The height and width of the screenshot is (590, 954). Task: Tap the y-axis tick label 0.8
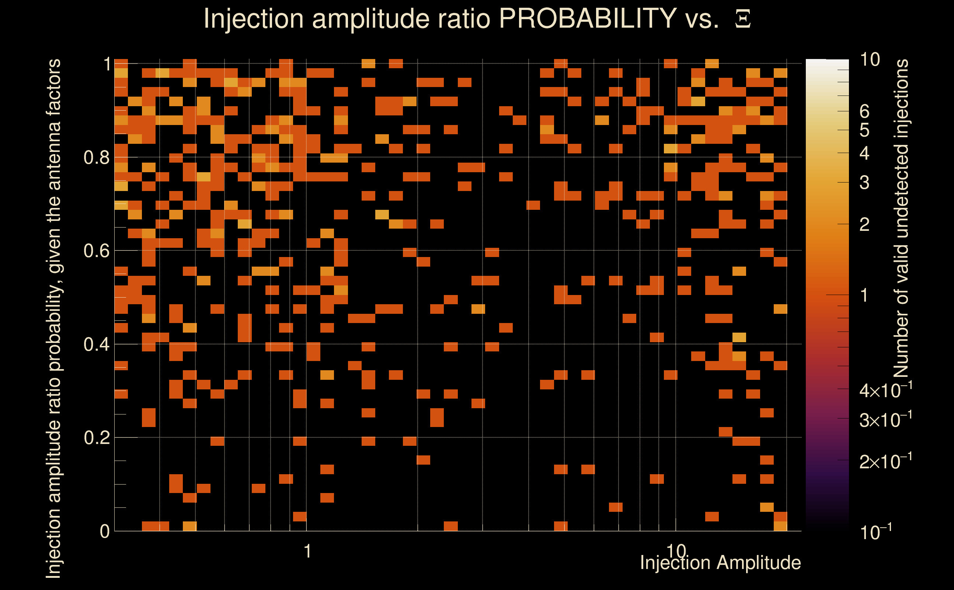pyautogui.click(x=96, y=158)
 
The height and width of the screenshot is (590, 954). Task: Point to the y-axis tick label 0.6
pyautogui.click(x=96, y=250)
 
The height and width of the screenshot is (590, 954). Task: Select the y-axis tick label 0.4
pyautogui.click(x=96, y=344)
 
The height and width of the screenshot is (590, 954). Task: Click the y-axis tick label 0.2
pyautogui.click(x=96, y=438)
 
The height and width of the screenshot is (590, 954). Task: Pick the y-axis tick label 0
pyautogui.click(x=105, y=531)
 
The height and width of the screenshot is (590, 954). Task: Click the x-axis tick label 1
pyautogui.click(x=307, y=551)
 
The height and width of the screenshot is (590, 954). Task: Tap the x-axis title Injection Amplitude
pyautogui.click(x=720, y=563)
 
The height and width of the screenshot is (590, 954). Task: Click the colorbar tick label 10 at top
pyautogui.click(x=870, y=60)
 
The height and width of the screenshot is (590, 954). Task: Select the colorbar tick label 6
pyautogui.click(x=864, y=112)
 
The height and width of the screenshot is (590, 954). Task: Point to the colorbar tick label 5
pyautogui.click(x=864, y=130)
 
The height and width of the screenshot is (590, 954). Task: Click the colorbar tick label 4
pyautogui.click(x=864, y=153)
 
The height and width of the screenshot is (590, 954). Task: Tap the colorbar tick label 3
pyautogui.click(x=864, y=183)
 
